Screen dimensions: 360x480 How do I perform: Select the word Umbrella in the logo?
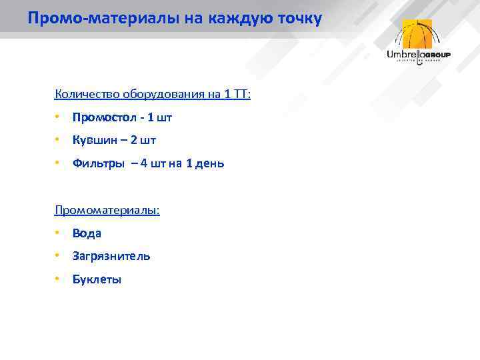tap(406, 55)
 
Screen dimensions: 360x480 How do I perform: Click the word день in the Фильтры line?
tap(209, 163)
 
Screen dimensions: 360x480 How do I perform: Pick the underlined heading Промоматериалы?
tap(107, 210)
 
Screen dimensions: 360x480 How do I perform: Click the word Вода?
tap(87, 233)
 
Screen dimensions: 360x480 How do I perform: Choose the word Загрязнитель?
tap(111, 256)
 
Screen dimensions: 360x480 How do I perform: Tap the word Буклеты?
tap(97, 279)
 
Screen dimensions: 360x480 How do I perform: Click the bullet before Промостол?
tap(58, 117)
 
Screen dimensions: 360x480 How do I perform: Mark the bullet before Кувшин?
tap(58, 140)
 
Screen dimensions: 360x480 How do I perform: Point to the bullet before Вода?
tap(58, 233)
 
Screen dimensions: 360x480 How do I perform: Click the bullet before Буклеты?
tap(58, 279)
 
